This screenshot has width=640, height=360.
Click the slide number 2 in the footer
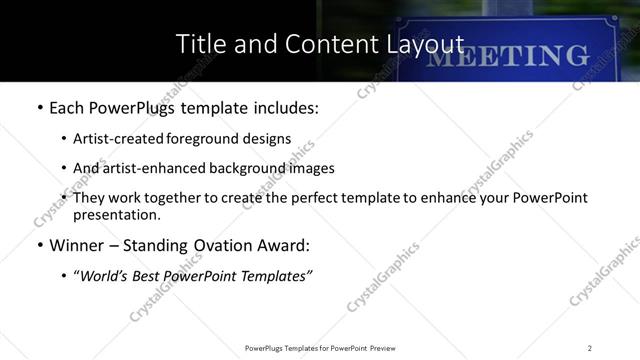click(590, 348)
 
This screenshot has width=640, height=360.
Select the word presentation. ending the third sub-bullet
click(116, 214)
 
